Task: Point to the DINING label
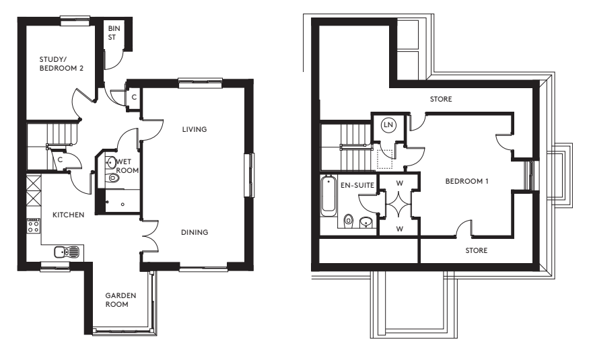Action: [195, 232]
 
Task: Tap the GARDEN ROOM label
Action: [120, 299]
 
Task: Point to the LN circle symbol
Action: [387, 124]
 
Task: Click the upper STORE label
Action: [441, 100]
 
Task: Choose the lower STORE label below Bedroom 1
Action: [477, 250]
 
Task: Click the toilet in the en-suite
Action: [348, 220]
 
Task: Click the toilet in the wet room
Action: [112, 178]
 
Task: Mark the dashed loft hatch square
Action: [384, 159]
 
